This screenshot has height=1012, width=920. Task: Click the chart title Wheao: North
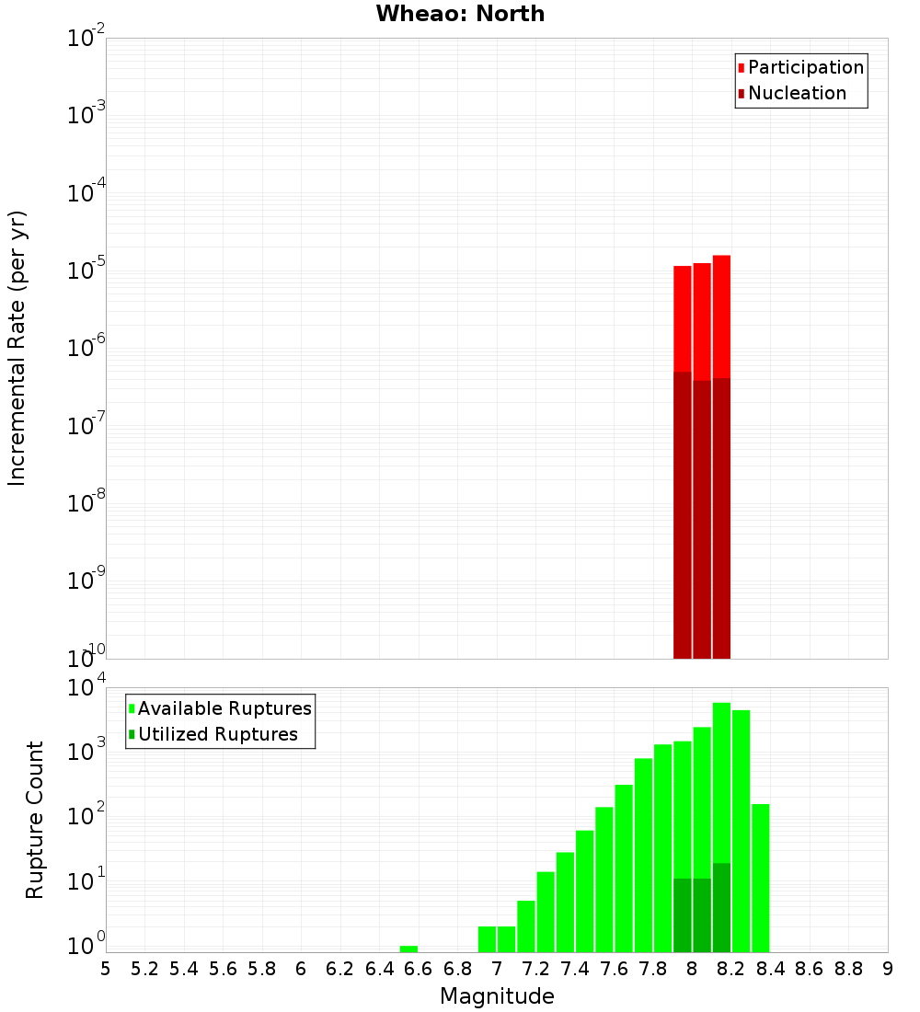coord(460,14)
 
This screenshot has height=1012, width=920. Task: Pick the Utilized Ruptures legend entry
coord(217,734)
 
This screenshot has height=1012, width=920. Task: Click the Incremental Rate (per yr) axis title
coord(17,349)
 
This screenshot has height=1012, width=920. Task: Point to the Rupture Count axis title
coord(35,820)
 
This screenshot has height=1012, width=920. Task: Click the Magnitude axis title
coord(497,996)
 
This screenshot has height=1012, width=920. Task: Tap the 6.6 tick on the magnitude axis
coord(419,969)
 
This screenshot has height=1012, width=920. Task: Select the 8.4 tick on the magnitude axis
coord(770,969)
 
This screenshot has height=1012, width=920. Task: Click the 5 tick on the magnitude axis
coord(106,969)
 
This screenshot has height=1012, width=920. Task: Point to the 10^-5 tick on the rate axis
coord(86,271)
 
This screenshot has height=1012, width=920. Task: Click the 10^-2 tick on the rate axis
coord(86,39)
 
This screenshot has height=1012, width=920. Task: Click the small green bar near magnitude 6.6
coord(408,949)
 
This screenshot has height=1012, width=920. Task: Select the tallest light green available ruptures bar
coord(721,782)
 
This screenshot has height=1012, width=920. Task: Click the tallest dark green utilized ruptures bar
coord(721,907)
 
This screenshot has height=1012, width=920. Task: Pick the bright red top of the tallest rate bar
coord(721,313)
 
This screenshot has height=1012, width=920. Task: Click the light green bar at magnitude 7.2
coord(546,911)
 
